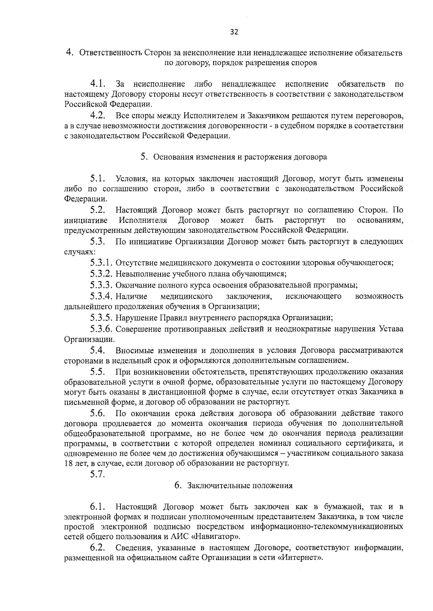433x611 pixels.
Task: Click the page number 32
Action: [234, 32]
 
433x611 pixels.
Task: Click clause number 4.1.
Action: [98, 84]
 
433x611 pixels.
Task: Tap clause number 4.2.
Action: [98, 116]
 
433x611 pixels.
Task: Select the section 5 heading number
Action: [144, 157]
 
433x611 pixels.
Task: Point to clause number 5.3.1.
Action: [102, 263]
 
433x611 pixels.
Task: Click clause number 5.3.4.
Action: [102, 296]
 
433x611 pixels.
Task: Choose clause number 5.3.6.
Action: [102, 329]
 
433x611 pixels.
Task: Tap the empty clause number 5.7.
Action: [97, 474]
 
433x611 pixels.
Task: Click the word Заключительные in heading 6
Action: [213, 486]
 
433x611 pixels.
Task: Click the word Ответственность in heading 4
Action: [111, 53]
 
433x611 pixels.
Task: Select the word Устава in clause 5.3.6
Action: [391, 329]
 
